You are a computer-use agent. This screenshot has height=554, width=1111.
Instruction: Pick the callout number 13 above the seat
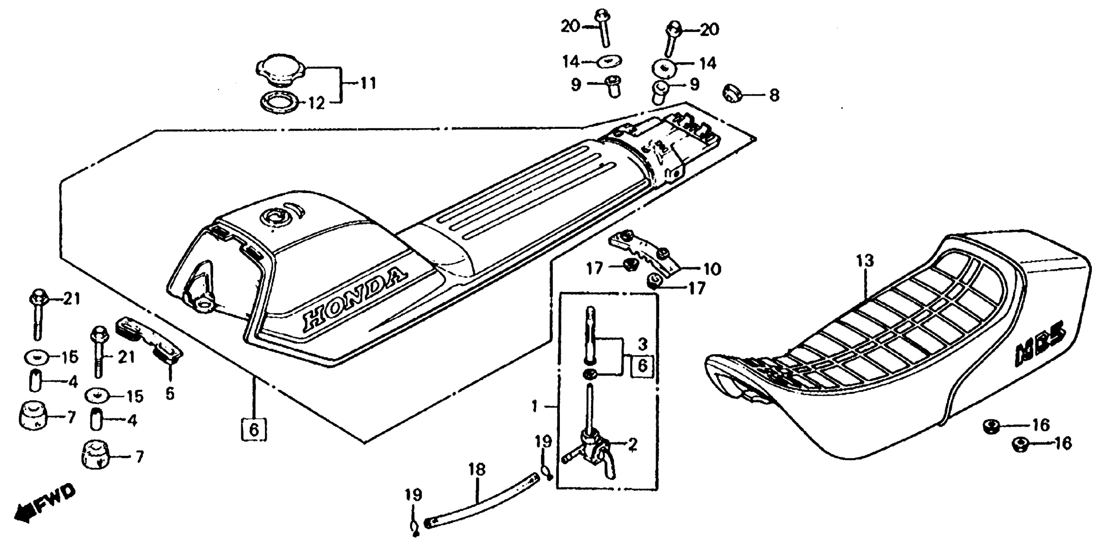click(x=865, y=261)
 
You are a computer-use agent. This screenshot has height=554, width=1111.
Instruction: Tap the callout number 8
click(x=774, y=95)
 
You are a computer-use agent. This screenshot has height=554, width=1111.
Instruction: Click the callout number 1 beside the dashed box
click(x=535, y=406)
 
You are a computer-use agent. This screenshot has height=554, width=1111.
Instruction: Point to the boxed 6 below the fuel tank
click(x=254, y=430)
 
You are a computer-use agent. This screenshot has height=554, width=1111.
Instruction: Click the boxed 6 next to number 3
click(x=642, y=366)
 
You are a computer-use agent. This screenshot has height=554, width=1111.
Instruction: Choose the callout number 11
click(x=368, y=83)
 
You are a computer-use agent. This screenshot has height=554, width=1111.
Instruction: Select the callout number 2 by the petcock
click(x=632, y=445)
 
